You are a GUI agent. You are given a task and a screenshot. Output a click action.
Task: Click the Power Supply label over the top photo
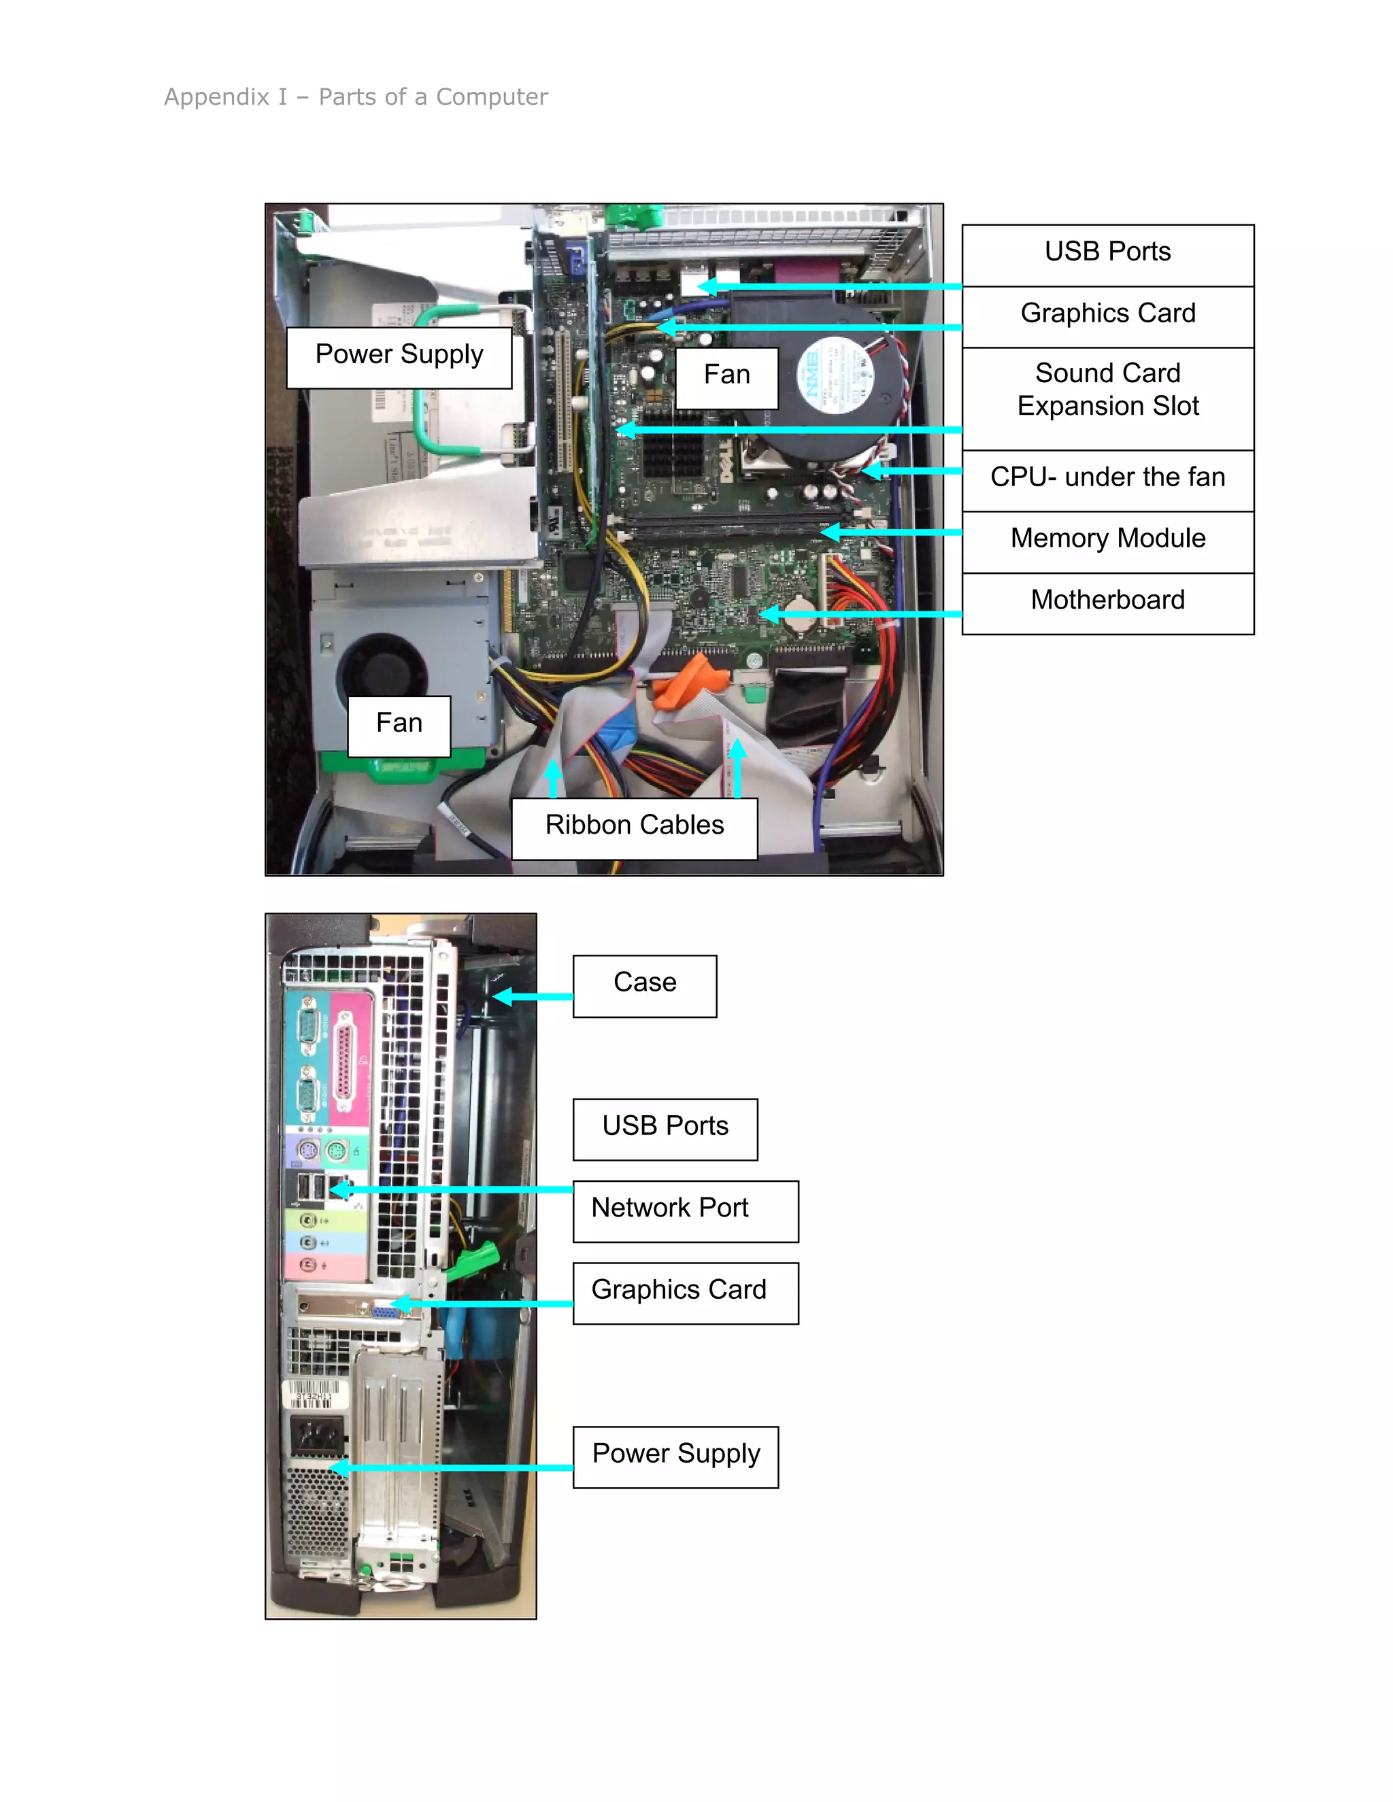point(399,356)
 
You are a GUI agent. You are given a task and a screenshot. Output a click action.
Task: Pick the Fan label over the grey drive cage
point(399,724)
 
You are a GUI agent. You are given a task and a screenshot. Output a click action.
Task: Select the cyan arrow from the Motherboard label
point(858,614)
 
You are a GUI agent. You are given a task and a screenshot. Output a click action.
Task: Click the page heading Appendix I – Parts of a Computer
point(356,97)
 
